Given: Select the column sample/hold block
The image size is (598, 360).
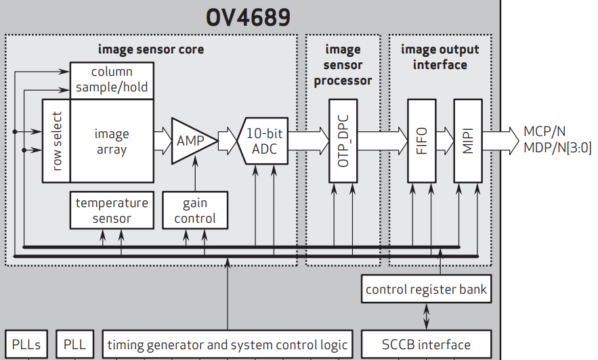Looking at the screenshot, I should pos(112,79).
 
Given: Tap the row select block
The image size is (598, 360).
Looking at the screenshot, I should pos(56,141).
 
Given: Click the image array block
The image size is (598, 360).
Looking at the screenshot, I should pos(112,141).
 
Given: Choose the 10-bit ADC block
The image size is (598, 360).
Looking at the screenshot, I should pos(264,141).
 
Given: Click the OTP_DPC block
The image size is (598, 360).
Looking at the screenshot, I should pos(343,141).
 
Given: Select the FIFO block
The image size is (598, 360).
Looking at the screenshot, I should pos(421,141).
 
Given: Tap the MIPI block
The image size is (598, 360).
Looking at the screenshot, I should pos(467,141).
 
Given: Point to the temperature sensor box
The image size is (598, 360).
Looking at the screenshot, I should pos(112,210).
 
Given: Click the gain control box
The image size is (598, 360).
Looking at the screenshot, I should pos(195,210).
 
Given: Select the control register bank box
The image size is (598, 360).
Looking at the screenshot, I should pos(426,290).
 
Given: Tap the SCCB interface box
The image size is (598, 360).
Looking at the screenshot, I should pos(426,344).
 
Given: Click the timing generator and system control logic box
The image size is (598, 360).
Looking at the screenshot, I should pos(228,344).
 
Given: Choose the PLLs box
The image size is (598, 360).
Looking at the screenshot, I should pos(26,344).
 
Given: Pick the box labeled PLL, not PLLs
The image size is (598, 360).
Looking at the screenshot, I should pos(74,344).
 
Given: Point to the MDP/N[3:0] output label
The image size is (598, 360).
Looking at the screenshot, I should pos(557,148).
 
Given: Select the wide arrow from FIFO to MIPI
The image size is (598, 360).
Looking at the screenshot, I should pos(444,141).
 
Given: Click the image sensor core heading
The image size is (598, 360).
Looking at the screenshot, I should pos(150,49).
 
